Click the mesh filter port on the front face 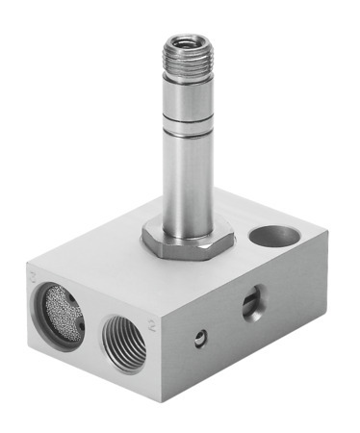(x=60, y=314)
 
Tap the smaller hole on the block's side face (x=198, y=337)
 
